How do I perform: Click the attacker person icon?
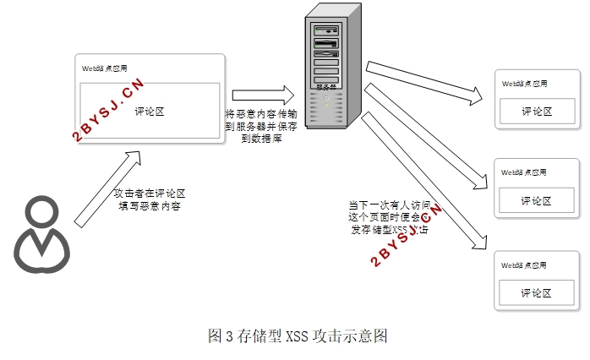tap(41, 236)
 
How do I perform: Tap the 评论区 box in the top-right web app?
tap(536, 111)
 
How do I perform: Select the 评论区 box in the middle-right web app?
tap(536, 200)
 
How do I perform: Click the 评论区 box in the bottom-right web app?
tap(536, 292)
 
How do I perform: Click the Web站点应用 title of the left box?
tap(104, 68)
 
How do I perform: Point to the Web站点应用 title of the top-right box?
tap(524, 84)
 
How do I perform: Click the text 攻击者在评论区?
tap(150, 194)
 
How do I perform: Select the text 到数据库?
tap(261, 138)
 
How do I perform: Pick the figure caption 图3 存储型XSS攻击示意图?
tap(297, 335)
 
